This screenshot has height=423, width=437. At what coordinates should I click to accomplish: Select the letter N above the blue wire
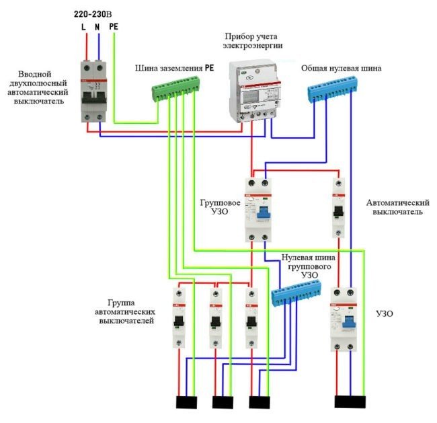tap(98, 26)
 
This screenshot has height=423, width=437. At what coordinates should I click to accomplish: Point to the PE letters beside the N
tap(114, 26)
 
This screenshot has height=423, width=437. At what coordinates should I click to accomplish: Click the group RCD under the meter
tap(259, 209)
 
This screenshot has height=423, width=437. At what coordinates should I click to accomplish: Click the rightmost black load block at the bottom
tap(352, 401)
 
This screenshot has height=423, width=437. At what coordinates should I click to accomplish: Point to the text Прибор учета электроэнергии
tap(254, 40)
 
